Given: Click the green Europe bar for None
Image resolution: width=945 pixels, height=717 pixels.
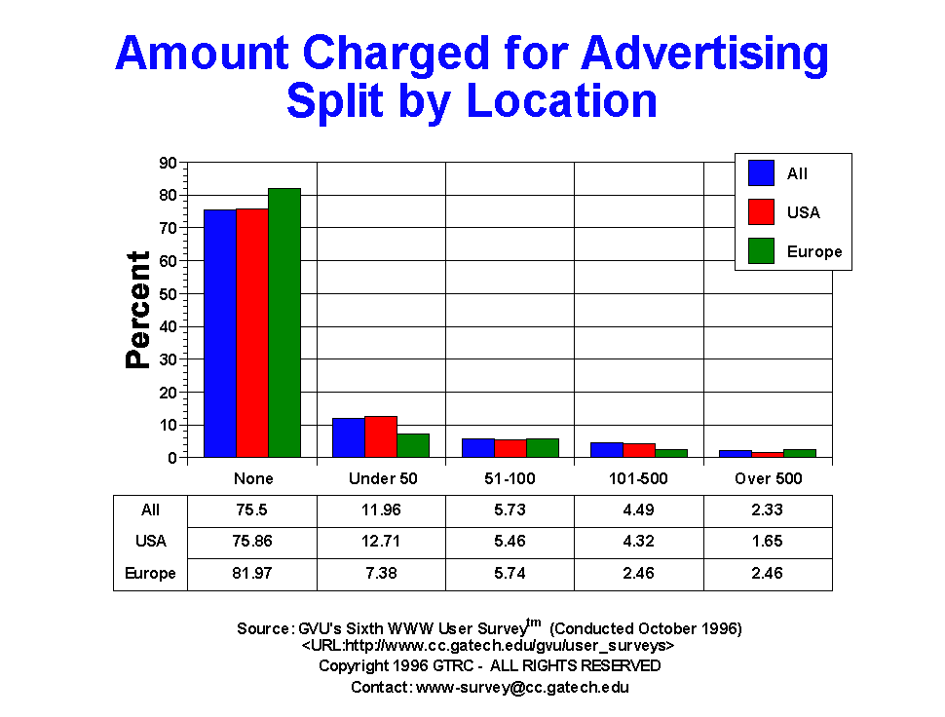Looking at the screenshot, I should point(284,322).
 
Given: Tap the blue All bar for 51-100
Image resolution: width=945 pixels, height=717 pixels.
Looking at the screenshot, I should point(477,448).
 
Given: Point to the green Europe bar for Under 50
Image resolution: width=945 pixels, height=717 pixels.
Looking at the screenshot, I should point(413,445).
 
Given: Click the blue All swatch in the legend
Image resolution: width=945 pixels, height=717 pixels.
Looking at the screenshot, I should point(761,173).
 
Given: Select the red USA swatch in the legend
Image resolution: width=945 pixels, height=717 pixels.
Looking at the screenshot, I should point(761,212).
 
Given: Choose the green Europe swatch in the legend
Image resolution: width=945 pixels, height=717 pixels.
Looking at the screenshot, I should point(761,251).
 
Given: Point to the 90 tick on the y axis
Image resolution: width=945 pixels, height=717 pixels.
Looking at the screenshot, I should point(168,163).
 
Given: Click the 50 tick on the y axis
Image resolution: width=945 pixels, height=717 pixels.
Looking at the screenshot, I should point(168,294).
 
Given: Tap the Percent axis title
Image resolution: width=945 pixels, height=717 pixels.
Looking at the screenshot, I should point(138,310).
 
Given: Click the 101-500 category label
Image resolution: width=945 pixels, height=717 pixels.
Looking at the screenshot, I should point(639,478).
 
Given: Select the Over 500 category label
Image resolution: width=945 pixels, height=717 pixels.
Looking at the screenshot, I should point(768,478).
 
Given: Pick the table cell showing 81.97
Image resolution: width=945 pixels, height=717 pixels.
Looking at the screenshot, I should point(253,574).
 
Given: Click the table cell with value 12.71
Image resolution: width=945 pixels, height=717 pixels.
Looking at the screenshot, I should point(382,541).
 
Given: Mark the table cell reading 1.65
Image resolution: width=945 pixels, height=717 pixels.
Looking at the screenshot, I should point(768,541).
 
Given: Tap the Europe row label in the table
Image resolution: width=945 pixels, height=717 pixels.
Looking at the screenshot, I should point(150,574).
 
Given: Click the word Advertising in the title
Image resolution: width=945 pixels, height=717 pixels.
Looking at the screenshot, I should point(704,54).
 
